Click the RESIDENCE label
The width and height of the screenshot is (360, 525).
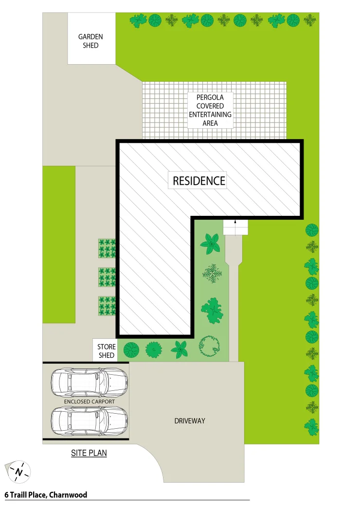[199, 181]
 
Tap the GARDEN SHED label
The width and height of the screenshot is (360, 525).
[90, 41]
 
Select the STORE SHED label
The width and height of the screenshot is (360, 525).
[106, 351]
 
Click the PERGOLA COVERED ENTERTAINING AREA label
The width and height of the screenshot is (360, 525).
[210, 110]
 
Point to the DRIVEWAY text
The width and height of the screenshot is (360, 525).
[190, 421]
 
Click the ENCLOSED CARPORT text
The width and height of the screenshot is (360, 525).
[90, 402]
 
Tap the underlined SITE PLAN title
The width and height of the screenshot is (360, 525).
[89, 453]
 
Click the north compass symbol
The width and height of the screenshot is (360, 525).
[18, 472]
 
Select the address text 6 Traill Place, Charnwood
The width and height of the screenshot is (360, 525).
[46, 495]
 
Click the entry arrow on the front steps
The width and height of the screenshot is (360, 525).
[235, 222]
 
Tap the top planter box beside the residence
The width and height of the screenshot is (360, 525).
[107, 248]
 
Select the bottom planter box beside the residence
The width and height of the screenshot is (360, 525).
[107, 306]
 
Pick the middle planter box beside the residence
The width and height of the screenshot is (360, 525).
[107, 277]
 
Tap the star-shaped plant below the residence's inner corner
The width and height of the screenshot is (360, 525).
[210, 243]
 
